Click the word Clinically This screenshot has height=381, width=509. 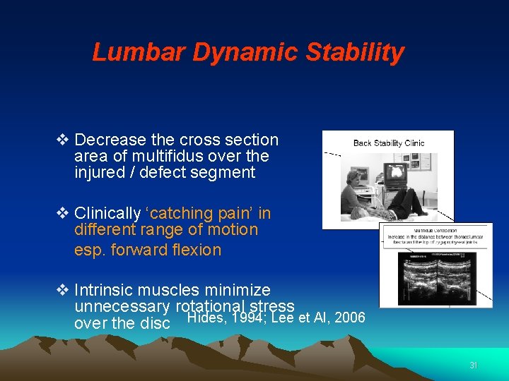point(107,213)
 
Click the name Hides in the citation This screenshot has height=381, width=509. point(204,317)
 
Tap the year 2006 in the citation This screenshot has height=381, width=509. point(349,317)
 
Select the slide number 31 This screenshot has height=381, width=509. point(473,365)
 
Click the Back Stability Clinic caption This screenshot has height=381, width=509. point(389,143)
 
